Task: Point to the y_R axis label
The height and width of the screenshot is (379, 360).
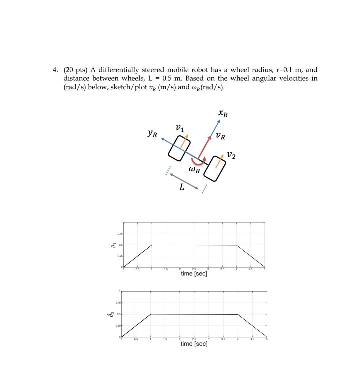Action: (x=152, y=134)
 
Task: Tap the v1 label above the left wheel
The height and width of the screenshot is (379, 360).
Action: (x=179, y=128)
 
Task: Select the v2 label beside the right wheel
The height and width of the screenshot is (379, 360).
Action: (x=231, y=155)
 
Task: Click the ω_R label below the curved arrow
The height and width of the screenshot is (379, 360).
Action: (x=194, y=170)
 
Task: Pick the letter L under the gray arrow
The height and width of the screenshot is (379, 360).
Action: (x=182, y=187)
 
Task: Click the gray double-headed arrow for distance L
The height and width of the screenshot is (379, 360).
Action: (x=184, y=181)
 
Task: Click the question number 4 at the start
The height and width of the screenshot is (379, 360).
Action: (x=55, y=70)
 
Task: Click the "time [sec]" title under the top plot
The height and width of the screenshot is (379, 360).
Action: (x=194, y=274)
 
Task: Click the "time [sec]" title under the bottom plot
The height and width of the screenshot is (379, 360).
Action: (x=194, y=344)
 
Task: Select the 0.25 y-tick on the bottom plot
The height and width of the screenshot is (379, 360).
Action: (x=119, y=326)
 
